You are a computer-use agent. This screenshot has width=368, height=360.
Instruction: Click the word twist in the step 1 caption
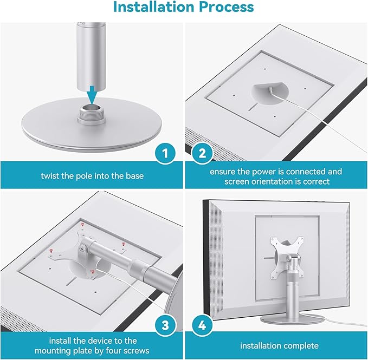51,176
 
